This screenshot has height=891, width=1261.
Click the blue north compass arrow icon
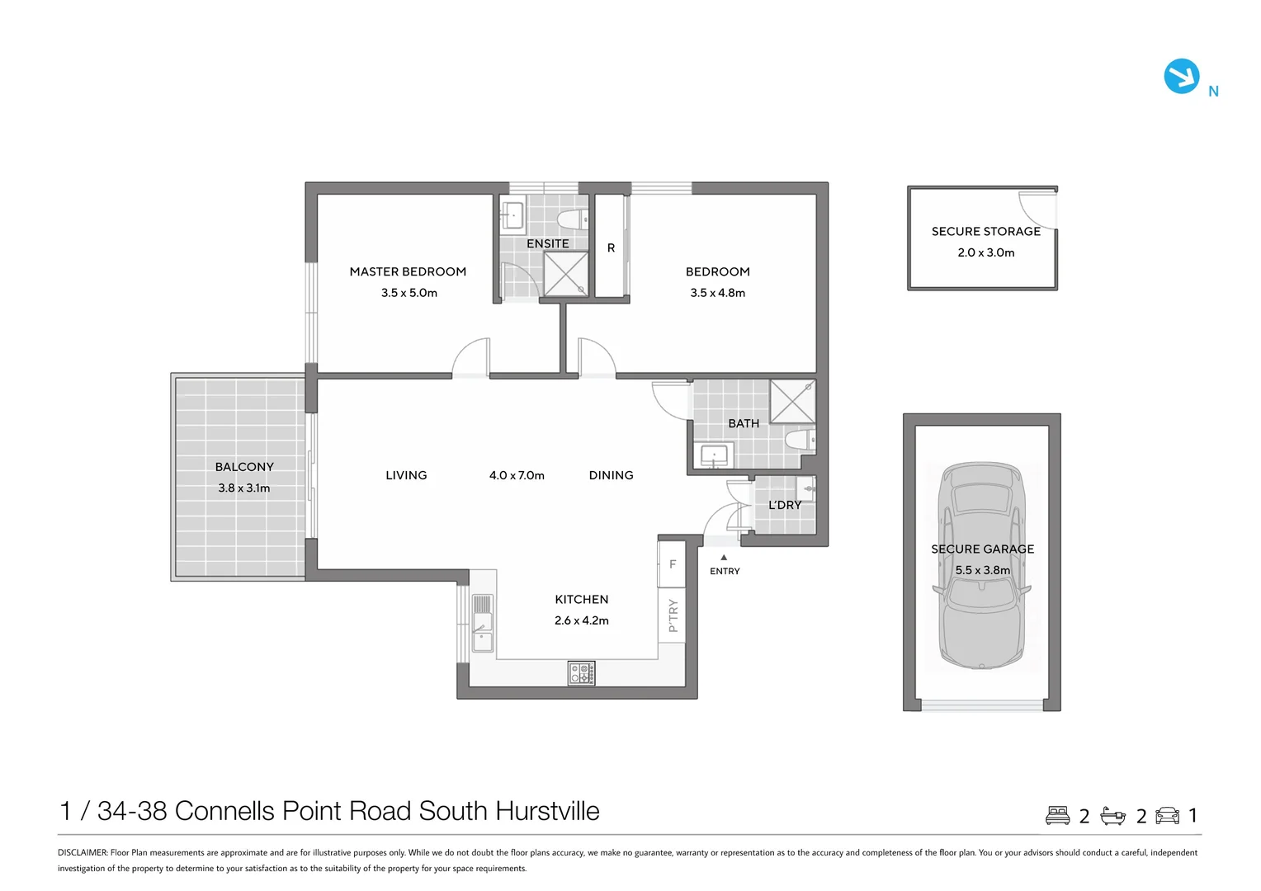1181,76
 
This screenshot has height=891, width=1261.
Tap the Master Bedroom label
408,271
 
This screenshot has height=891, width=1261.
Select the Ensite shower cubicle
566,274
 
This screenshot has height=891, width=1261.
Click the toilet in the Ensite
573,219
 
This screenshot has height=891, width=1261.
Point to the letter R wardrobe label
611,247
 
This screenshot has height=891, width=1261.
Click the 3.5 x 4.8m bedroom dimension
717,293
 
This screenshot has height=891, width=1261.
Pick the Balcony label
244,467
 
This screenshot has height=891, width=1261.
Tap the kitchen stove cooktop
582,673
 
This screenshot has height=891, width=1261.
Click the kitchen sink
483,632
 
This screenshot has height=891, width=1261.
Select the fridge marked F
672,564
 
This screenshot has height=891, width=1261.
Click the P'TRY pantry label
673,615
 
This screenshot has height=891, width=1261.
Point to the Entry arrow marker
724,558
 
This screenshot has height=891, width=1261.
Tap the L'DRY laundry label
785,505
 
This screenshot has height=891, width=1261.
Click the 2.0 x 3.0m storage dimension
986,252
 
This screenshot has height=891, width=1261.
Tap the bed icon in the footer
1057,815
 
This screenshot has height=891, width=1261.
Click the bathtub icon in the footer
1113,816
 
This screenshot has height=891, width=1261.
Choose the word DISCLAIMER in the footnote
83,853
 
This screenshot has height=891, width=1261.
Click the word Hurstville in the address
547,811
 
